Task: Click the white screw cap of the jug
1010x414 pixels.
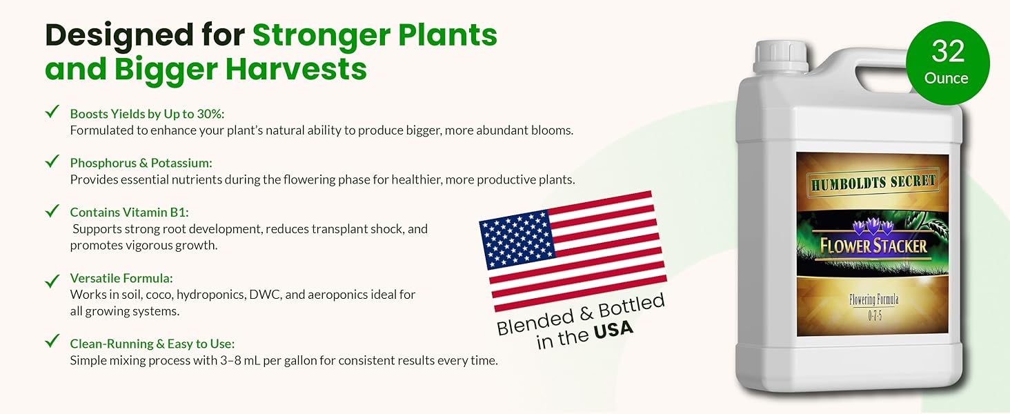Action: tap(781, 56)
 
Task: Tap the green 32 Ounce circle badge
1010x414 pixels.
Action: tap(948, 63)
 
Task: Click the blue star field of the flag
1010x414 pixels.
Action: tap(517, 240)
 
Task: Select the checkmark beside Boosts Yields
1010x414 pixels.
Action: tap(52, 111)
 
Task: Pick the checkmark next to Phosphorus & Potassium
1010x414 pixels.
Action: tap(52, 161)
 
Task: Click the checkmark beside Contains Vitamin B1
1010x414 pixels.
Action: tap(52, 210)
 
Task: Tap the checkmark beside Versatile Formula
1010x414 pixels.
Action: tap(52, 281)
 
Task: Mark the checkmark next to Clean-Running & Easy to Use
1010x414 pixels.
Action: tap(52, 341)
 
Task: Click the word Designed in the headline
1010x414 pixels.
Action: tap(119, 36)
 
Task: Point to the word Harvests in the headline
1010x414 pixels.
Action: tap(296, 70)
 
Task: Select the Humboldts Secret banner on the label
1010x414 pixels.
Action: tap(873, 183)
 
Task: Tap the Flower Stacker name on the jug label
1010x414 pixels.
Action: tap(873, 246)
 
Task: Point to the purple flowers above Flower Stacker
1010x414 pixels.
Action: tap(873, 226)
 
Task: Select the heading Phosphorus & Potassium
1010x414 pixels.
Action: tap(141, 163)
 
